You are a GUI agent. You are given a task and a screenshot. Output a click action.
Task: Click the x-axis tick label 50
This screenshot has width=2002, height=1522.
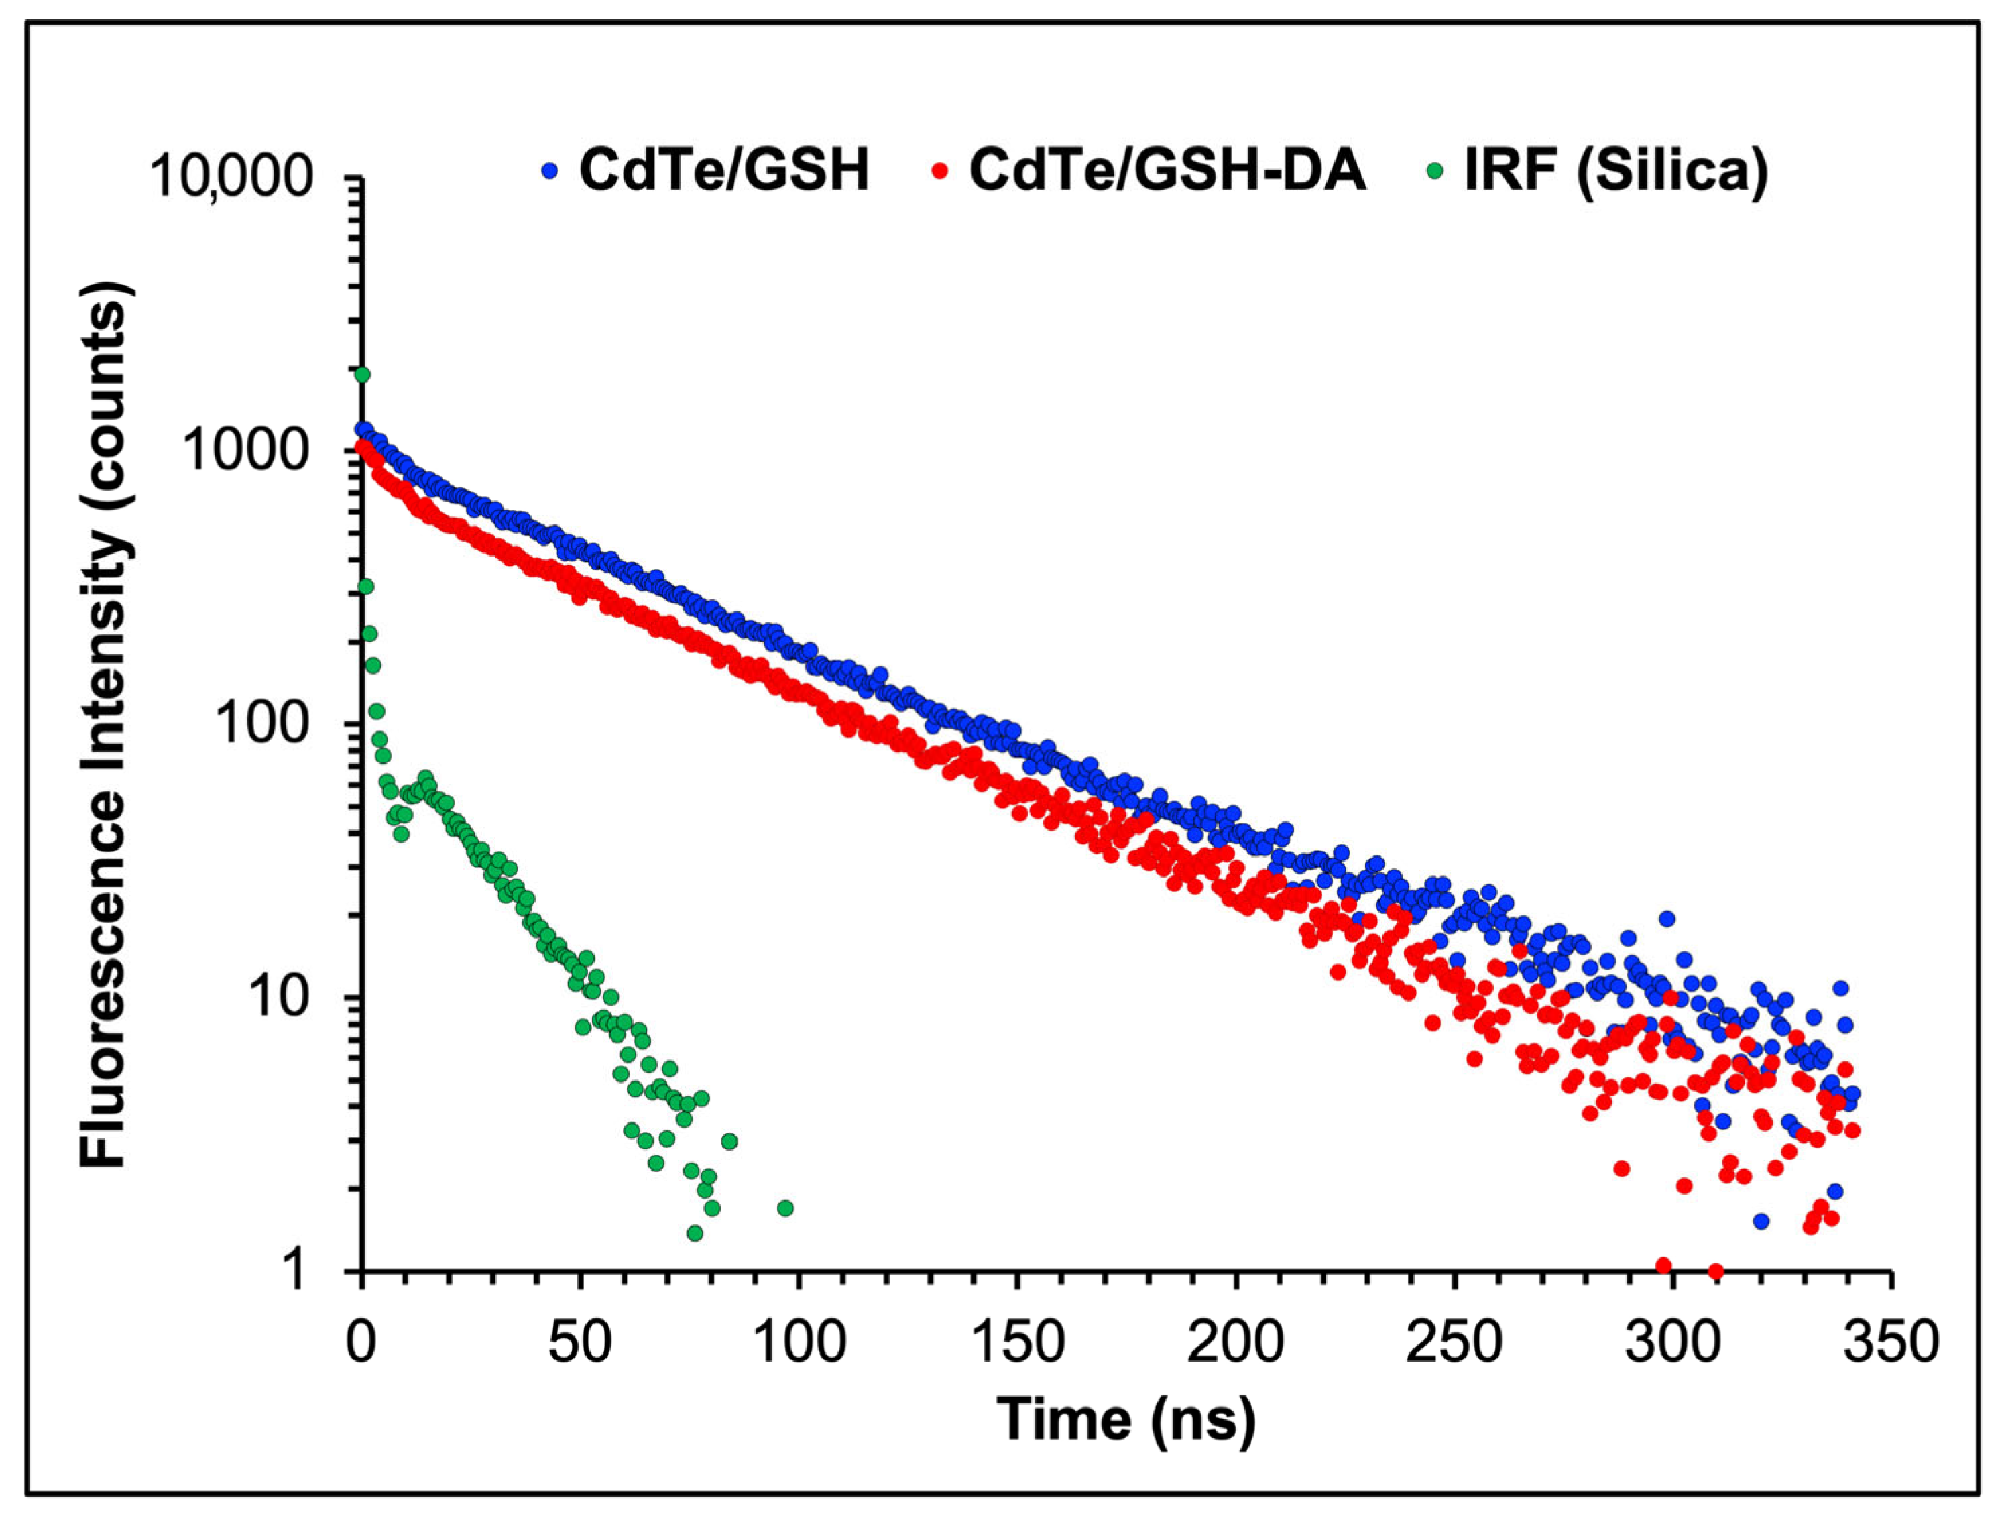[x=580, y=1342]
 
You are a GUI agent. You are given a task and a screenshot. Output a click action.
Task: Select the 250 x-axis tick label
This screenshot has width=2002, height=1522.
[x=1454, y=1342]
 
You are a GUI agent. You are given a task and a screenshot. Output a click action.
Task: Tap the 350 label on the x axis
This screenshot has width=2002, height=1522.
[x=1891, y=1342]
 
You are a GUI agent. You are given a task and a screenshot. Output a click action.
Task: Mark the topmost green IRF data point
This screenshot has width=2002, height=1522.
[x=362, y=374]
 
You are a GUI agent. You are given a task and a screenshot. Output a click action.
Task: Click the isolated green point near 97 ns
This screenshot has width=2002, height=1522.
[x=785, y=1208]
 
